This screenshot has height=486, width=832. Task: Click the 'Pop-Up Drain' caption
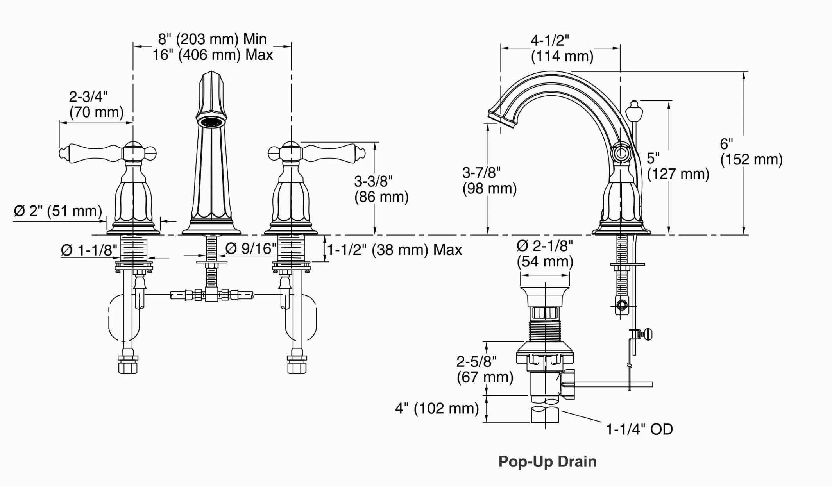tap(547, 461)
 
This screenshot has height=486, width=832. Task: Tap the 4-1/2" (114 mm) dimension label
tap(562, 48)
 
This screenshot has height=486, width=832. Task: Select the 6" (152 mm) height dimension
tap(751, 152)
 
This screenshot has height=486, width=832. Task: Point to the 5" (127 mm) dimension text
tap(678, 166)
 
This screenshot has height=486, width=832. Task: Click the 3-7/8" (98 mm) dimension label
tap(489, 180)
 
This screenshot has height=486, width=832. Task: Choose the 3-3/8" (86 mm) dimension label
tap(381, 189)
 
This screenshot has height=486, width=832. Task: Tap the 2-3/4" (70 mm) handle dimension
tap(96, 104)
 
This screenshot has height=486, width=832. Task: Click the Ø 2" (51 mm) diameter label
tap(58, 211)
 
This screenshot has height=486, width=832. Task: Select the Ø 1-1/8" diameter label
tap(89, 250)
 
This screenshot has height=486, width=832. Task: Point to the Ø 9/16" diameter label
tap(251, 248)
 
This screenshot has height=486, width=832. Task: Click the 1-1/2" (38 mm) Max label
tap(394, 250)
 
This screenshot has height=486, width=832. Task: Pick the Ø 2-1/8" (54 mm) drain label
tap(545, 254)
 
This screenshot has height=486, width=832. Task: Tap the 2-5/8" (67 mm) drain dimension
tap(485, 369)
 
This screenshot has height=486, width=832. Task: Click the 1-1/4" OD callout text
tap(639, 429)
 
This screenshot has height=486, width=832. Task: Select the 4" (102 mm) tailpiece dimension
tap(437, 409)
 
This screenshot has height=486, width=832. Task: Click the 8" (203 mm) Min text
tap(212, 39)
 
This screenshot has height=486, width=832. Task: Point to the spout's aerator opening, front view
tap(211, 121)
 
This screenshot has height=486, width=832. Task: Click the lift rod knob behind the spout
tap(634, 111)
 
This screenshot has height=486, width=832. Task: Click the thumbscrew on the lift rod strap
tap(646, 334)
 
